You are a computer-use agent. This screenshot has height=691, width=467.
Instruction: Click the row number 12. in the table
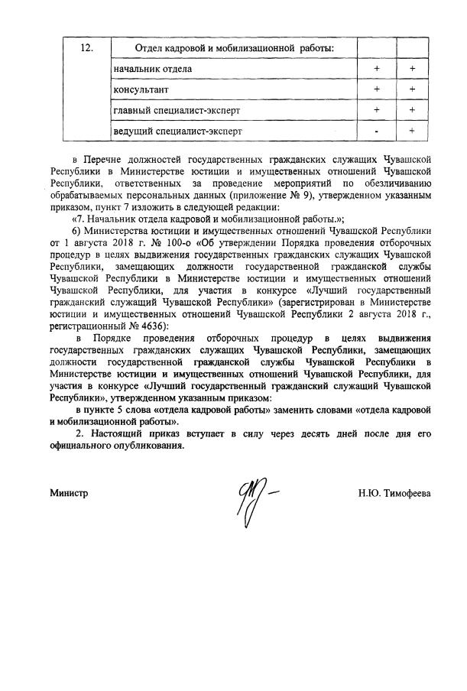(x=87, y=48)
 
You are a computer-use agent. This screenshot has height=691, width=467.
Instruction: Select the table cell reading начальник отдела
(x=148, y=70)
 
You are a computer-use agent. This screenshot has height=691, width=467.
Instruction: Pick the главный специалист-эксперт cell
(x=173, y=110)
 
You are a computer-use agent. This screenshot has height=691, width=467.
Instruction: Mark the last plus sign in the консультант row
(x=412, y=89)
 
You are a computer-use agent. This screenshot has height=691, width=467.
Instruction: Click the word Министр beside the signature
(x=70, y=493)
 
